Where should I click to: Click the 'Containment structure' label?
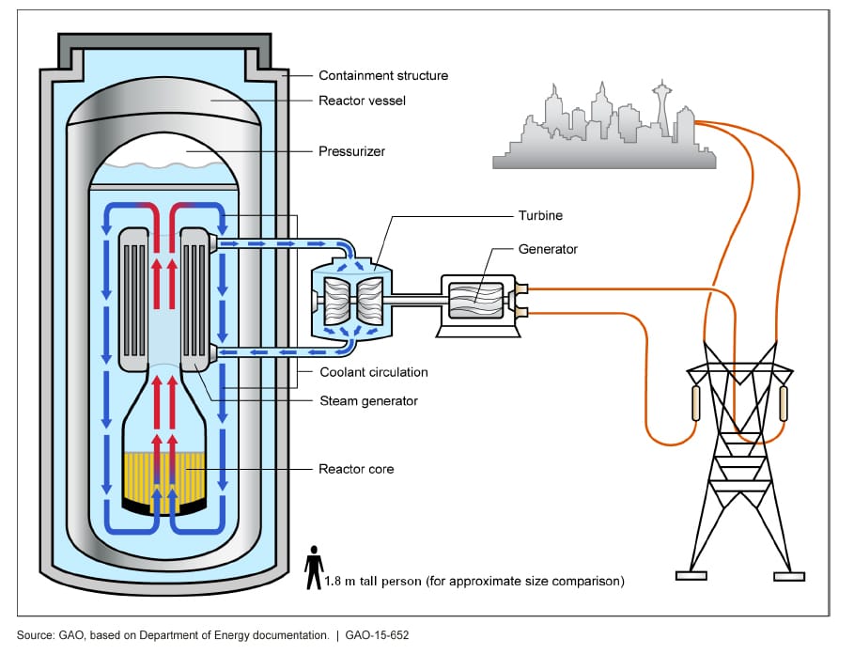383,76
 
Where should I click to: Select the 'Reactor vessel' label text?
362,101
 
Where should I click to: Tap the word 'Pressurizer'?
351,150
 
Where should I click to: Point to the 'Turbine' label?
540,216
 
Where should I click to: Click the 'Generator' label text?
549,250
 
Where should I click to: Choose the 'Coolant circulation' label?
374,372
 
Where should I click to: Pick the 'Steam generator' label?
369,401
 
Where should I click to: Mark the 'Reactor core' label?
356,468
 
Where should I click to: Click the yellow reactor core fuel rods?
165,479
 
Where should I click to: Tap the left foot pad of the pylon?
691,575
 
